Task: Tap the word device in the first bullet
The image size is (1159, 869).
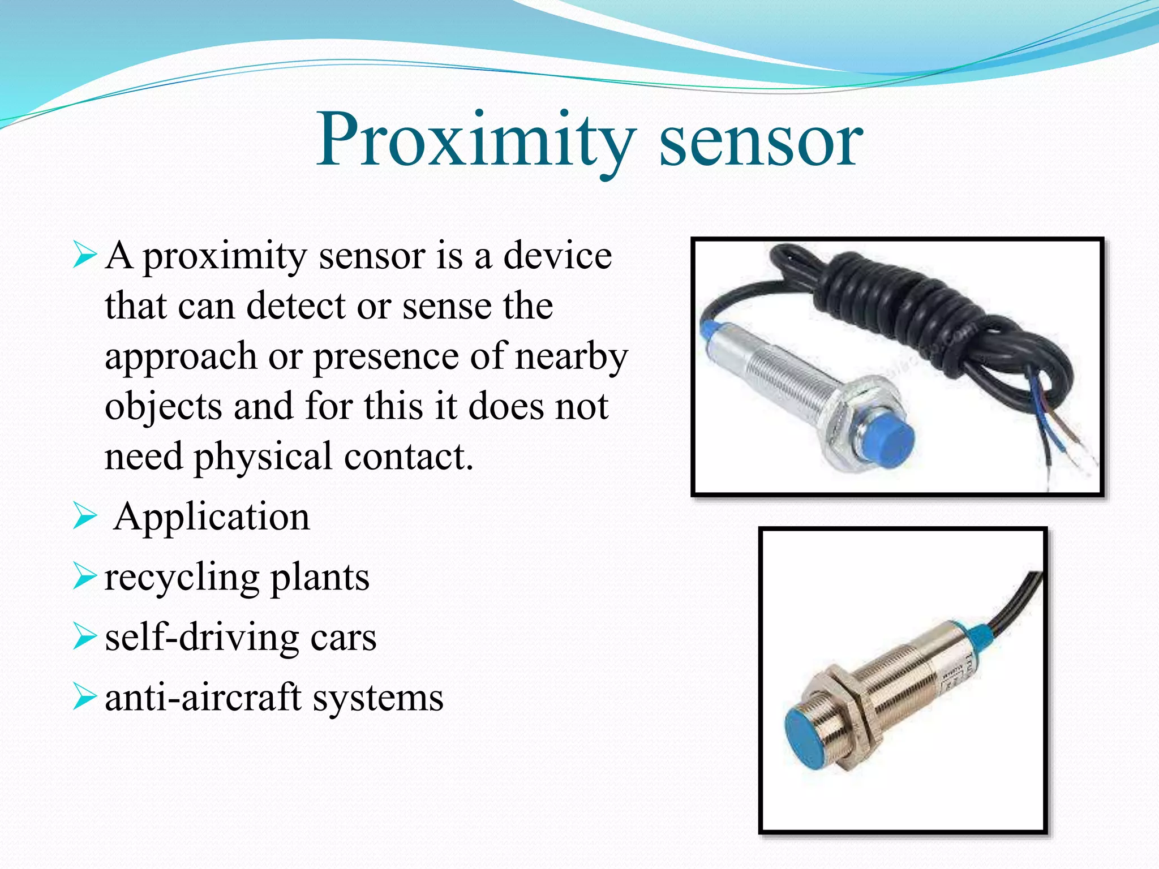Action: (557, 256)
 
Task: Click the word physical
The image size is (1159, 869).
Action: (263, 457)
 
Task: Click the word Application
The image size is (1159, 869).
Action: (212, 517)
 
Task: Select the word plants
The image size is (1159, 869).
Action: (320, 578)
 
